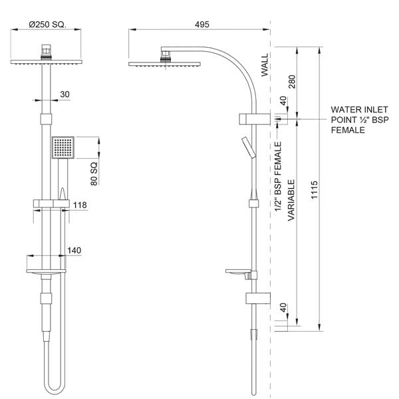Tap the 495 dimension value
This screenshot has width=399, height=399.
click(202, 24)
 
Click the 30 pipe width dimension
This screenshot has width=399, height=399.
click(65, 94)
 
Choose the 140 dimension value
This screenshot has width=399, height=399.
click(74, 250)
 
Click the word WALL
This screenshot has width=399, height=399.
click(265, 66)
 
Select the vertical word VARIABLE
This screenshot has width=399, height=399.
click(291, 199)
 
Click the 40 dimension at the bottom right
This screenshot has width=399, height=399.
click(283, 310)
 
